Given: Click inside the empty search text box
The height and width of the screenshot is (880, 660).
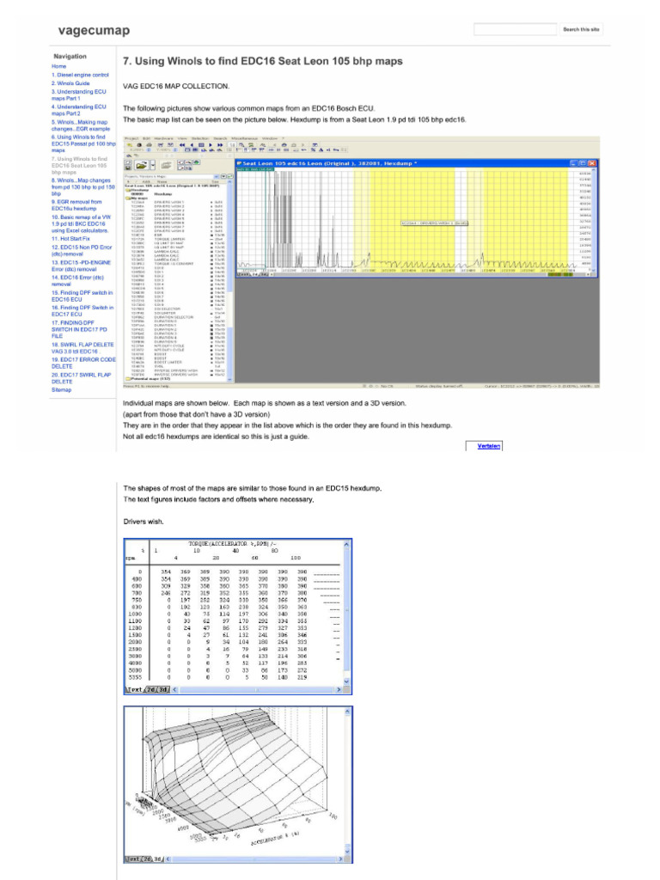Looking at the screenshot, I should point(515,29).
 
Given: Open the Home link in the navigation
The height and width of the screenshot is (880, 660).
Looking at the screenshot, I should point(58,66).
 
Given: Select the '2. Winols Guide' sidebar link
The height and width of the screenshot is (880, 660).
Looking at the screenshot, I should point(70,83).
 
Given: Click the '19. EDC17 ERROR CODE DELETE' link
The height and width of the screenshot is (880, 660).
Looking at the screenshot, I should point(83,364).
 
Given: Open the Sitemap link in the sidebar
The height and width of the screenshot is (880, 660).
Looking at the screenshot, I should point(62,389).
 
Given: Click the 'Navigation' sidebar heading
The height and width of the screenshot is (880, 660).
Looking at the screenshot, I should point(70,56).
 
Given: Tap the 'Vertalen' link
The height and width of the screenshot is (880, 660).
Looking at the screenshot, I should point(489,446).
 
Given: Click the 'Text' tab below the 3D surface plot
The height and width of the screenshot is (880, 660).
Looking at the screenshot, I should point(134,858).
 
